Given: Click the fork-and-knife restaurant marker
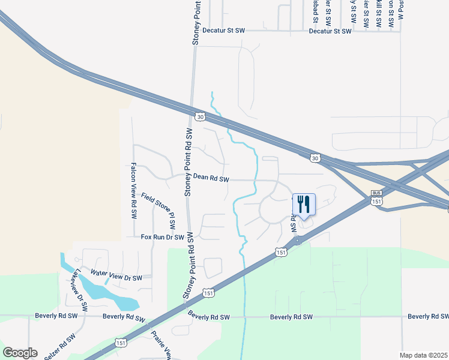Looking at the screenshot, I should pos(303,205).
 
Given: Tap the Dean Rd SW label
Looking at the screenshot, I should pos(211,178).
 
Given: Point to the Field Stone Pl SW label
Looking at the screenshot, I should pos(158,211).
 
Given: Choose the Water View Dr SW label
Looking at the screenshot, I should pos(116,275).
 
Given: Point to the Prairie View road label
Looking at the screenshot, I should pos(160,344).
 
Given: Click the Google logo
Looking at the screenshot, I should pos(20,353).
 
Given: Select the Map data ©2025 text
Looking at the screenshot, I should pos(423,355).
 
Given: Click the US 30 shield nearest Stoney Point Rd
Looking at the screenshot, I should pos(200,116).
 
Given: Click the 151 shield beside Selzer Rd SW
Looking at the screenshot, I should pos(121,343).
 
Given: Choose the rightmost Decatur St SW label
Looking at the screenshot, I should pos(330,30).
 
